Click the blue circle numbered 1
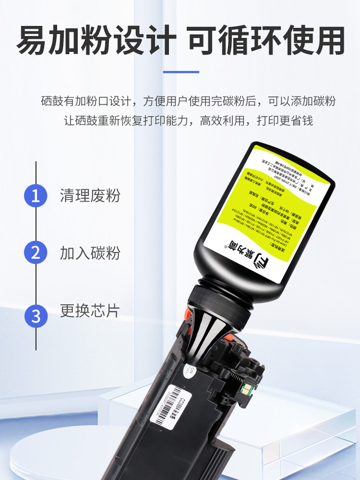click(36, 196)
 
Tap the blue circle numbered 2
click(36, 253)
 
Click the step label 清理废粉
click(90, 196)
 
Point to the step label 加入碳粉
click(90, 253)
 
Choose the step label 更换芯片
click(90, 311)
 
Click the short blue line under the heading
click(180, 72)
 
